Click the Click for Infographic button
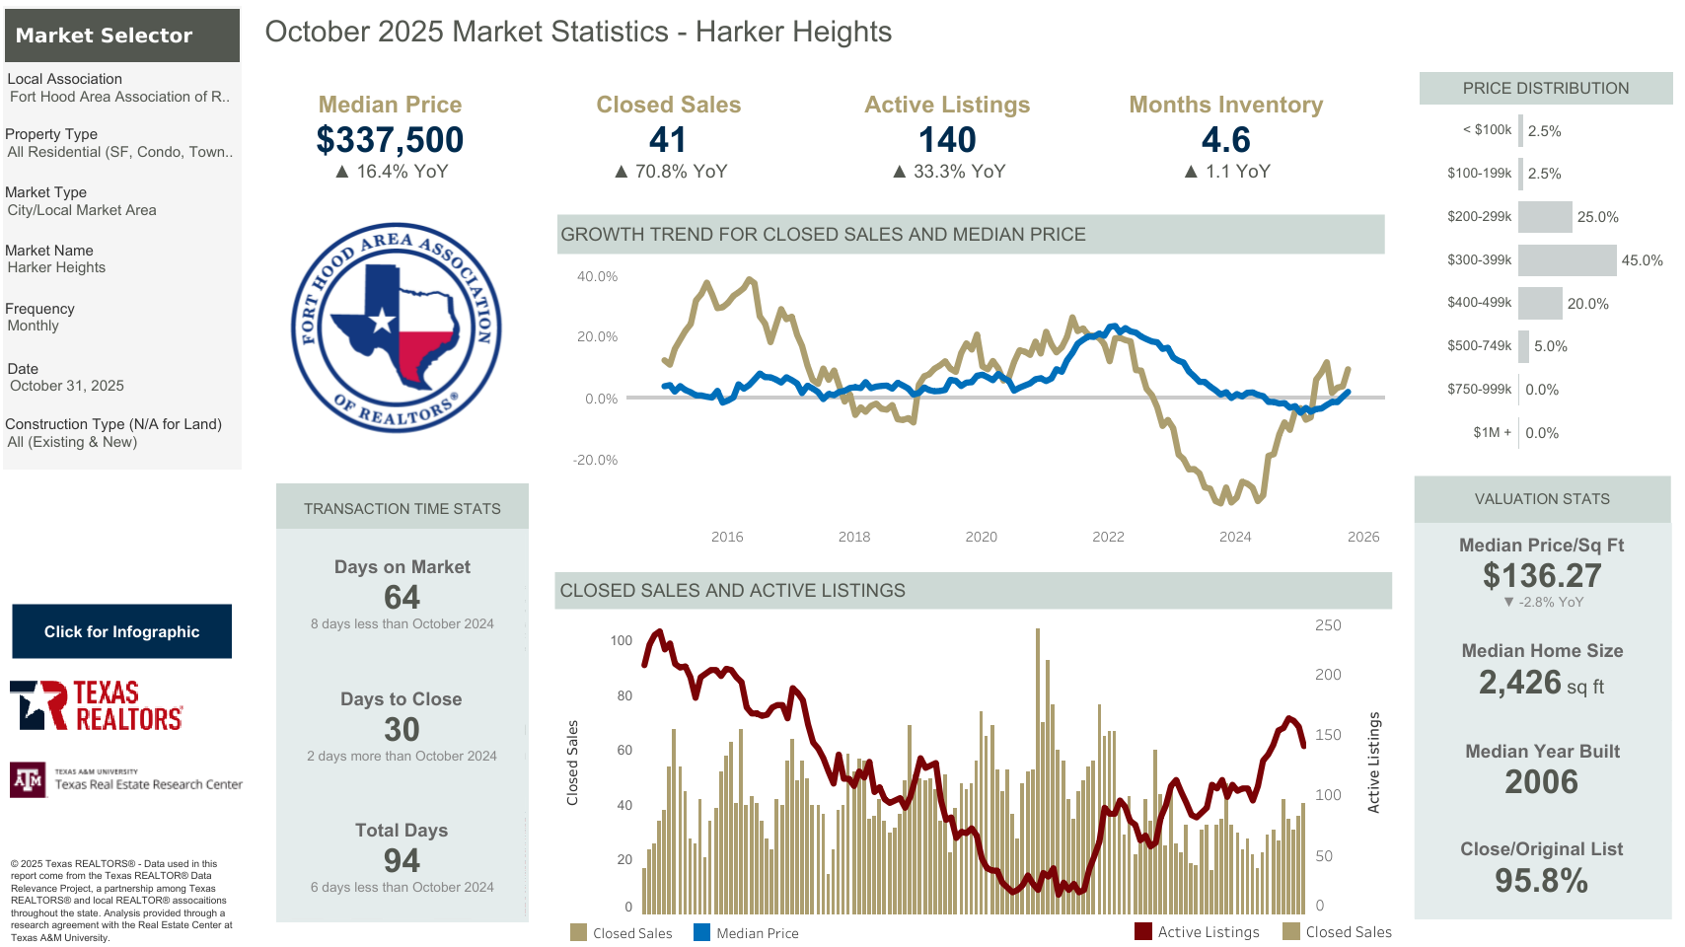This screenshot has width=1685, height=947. [121, 631]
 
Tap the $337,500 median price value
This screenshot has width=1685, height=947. [390, 140]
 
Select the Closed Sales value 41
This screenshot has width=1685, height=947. [668, 140]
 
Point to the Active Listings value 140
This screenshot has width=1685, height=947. [947, 140]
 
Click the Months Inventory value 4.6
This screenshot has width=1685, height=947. [1225, 140]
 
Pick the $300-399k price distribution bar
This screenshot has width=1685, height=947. [1567, 260]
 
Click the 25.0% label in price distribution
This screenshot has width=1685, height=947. [1597, 217]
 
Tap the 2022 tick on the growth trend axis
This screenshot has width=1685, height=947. [1108, 537]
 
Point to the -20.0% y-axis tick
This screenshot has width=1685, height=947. [596, 460]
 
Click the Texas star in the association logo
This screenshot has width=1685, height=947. [382, 320]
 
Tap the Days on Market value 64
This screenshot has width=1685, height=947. [402, 597]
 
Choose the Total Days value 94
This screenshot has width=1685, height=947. [402, 860]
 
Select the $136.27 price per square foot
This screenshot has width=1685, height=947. [1542, 575]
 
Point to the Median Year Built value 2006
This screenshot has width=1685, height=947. [1541, 781]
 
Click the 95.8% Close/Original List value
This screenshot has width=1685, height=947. [1541, 880]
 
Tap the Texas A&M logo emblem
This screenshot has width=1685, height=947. [28, 780]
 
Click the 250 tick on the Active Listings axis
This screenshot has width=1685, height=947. [1328, 625]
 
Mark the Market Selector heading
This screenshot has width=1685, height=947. [104, 36]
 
